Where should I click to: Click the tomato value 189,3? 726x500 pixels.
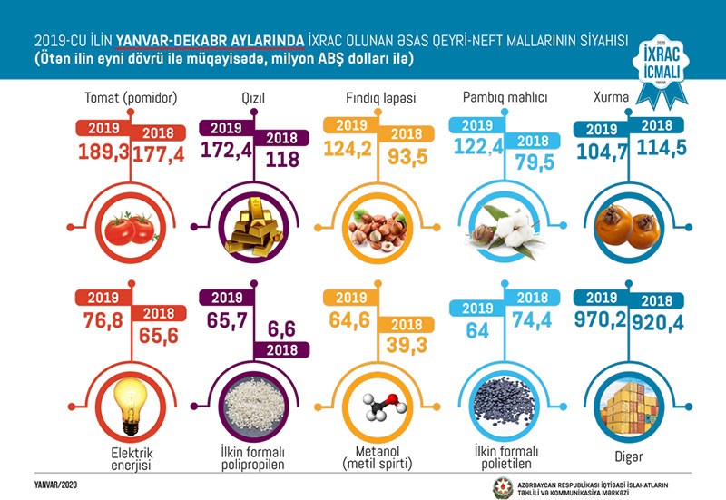click(106, 156)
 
